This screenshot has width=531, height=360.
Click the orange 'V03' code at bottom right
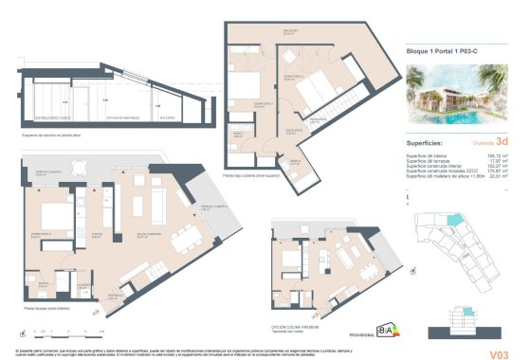point(495,329)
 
